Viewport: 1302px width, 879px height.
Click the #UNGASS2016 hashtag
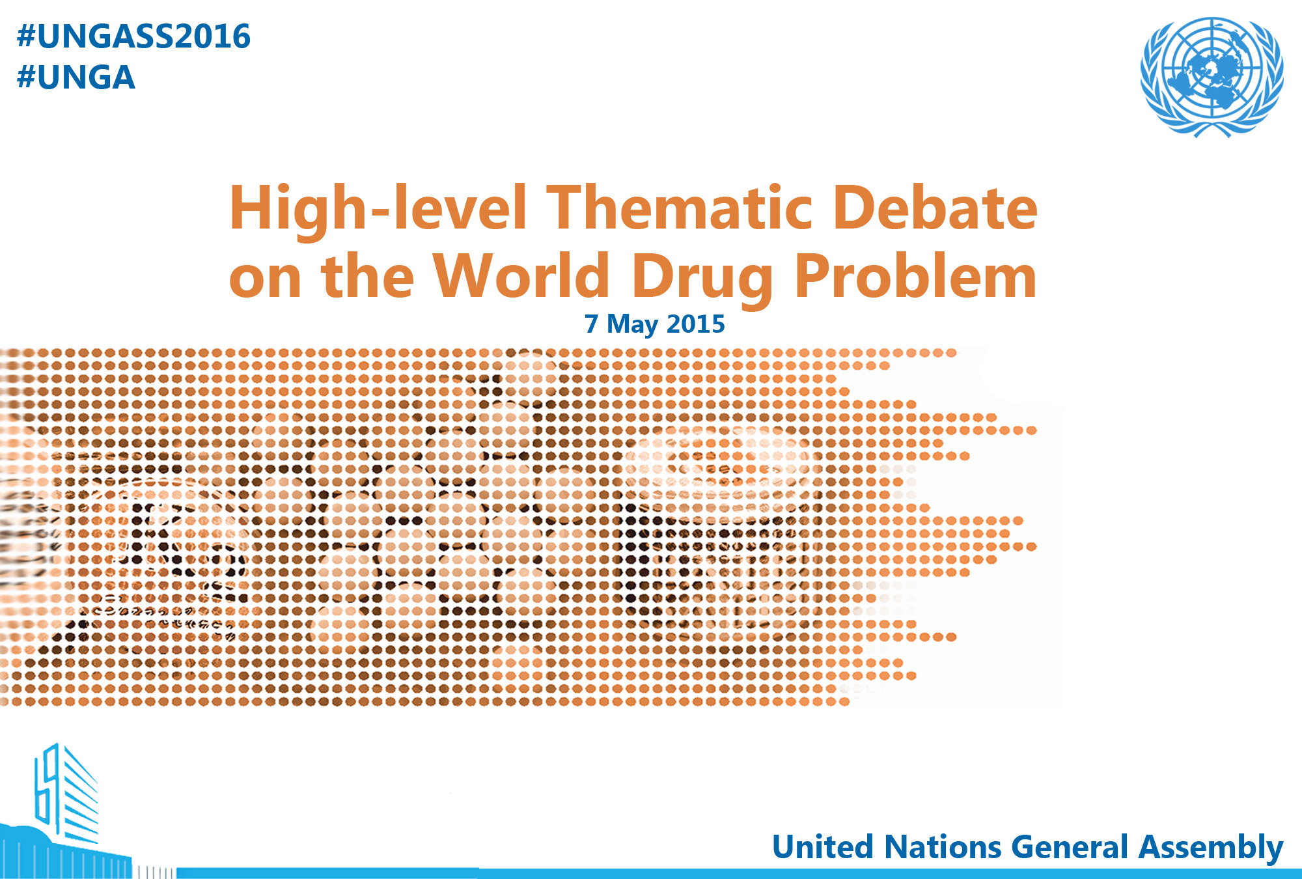133,36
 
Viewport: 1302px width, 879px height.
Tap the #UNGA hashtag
76,77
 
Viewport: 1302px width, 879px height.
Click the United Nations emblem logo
1212,77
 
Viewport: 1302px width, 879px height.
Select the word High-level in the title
378,210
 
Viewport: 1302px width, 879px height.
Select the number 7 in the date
591,324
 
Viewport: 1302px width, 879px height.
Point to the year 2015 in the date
696,324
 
